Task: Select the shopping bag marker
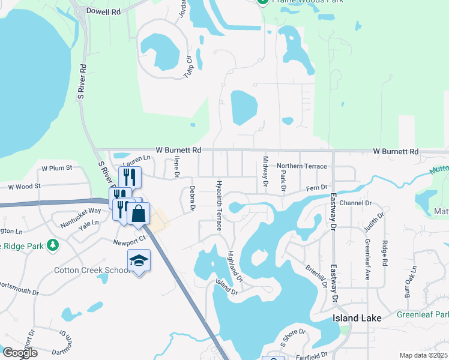138,214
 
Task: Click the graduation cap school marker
139,260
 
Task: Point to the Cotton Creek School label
92,271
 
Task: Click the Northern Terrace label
301,166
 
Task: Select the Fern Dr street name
319,188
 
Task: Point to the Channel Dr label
356,203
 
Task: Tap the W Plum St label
56,168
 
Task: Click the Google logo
20,353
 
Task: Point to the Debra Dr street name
193,198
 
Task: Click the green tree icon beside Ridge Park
53,245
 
